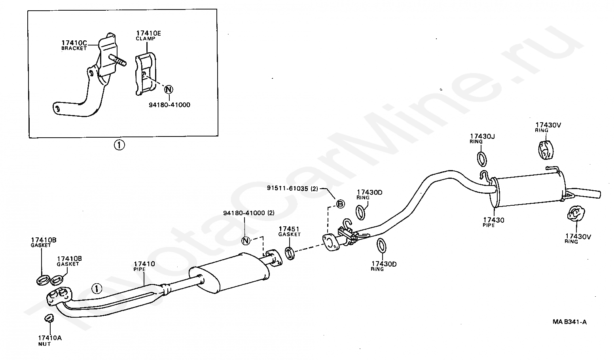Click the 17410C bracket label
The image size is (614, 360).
[x=74, y=45]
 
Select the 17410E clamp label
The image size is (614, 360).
[x=148, y=36]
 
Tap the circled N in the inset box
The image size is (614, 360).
[x=169, y=89]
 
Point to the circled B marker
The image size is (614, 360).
[x=340, y=204]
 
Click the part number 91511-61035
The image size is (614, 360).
[x=289, y=188]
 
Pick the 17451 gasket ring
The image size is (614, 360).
[x=290, y=253]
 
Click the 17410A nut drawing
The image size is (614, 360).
[x=49, y=318]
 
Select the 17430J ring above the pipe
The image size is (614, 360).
[x=482, y=159]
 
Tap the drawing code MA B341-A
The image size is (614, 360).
[x=570, y=322]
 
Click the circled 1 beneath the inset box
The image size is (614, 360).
[x=119, y=145]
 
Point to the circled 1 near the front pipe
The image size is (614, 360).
[x=97, y=288]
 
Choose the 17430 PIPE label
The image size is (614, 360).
[x=493, y=222]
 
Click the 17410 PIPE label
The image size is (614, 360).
[x=144, y=266]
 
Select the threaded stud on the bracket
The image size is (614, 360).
[x=118, y=60]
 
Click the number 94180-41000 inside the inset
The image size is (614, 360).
[x=169, y=105]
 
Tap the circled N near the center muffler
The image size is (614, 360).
[x=246, y=241]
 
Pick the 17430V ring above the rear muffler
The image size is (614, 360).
[x=545, y=150]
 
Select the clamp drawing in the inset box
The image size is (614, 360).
[x=146, y=74]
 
